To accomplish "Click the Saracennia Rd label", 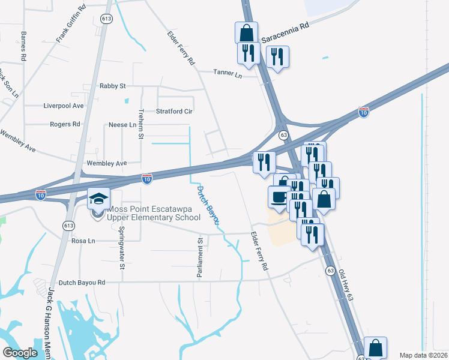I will click(285, 33).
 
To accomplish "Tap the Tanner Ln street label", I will click(228, 73).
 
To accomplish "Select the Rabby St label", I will click(112, 86).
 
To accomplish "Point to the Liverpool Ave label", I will click(63, 105).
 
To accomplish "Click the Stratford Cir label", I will click(174, 111).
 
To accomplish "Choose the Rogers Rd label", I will click(65, 124).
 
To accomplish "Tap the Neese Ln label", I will click(122, 125).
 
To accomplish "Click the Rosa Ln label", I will click(83, 241).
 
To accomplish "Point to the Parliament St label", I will click(200, 257).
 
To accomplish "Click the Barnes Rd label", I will click(23, 46).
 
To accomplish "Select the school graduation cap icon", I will click(98, 197).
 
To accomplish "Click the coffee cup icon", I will click(279, 197).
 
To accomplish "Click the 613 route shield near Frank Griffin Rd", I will click(106, 19).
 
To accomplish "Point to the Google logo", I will click(20, 352).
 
